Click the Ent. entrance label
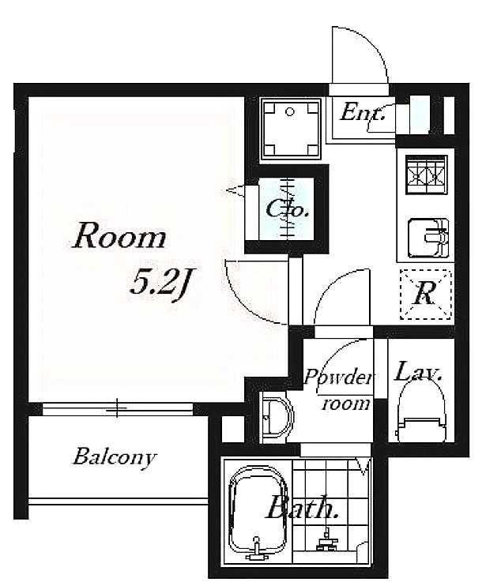[x=362, y=111]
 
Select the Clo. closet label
[x=287, y=209]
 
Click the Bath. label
[x=302, y=507]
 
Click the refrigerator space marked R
[x=425, y=295]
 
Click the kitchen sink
[x=428, y=239]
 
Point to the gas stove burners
[x=426, y=175]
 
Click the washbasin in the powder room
[x=277, y=417]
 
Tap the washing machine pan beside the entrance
[x=290, y=130]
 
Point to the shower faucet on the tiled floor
[x=327, y=542]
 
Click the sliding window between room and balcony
[x=118, y=408]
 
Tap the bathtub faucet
[x=256, y=547]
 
